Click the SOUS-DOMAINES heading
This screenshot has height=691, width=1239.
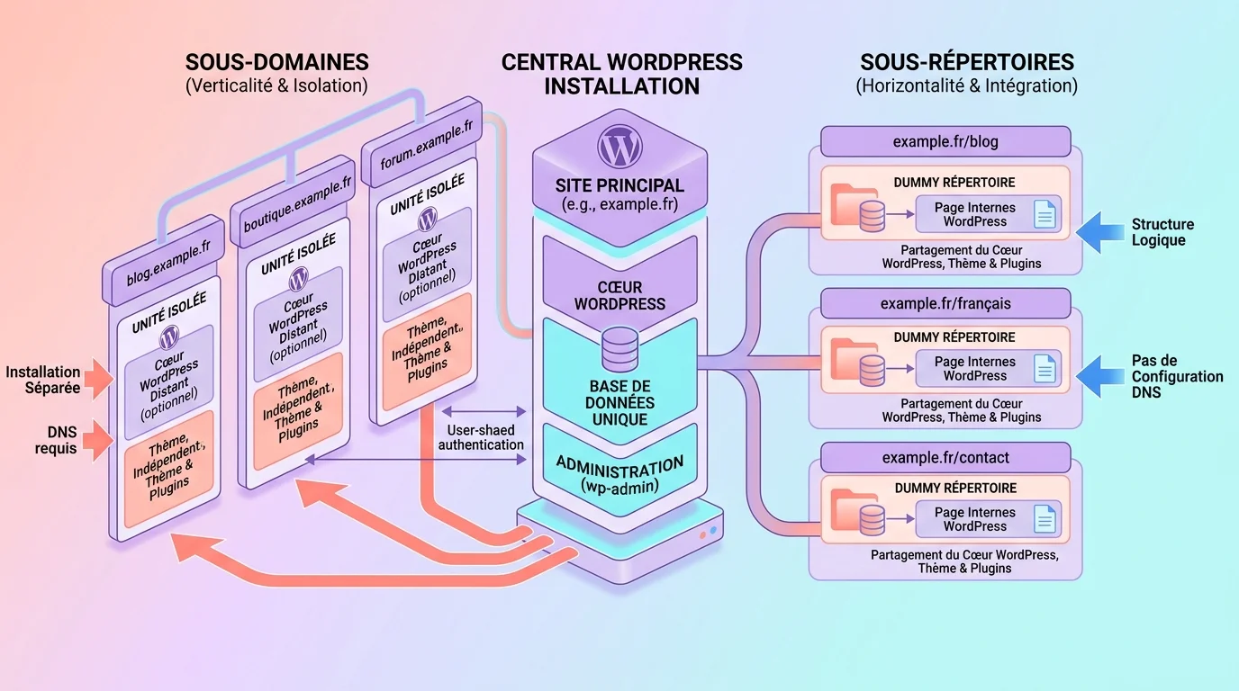276,62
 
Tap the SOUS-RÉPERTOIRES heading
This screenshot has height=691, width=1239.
966,62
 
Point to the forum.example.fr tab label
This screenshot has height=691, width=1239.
426,144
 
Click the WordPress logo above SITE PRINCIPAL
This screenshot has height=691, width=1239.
620,145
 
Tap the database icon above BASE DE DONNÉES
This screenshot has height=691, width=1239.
619,349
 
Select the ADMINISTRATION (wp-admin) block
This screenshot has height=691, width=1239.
619,473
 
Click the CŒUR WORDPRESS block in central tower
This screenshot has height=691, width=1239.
619,295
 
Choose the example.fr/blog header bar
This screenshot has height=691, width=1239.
945,141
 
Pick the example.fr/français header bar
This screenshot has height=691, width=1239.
945,303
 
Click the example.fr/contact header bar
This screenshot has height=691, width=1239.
945,457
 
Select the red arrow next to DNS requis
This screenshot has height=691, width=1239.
97,440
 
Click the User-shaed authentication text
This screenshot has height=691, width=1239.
480,437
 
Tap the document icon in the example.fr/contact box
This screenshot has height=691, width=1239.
1045,519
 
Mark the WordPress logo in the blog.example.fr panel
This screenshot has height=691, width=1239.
168,338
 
